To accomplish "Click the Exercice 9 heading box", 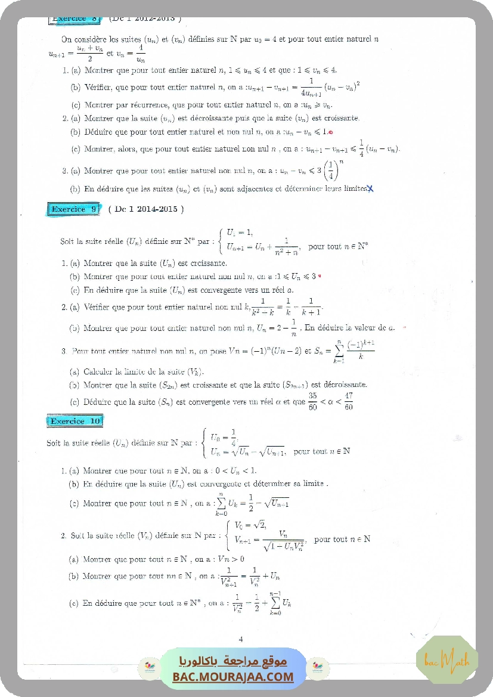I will pos(74,209).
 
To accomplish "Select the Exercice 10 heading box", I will pos(75,421).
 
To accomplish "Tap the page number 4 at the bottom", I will pos(241,639).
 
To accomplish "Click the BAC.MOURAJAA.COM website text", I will pos(233,677).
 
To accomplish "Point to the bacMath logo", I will pos(447,660).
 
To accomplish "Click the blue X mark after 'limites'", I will pos(370,189).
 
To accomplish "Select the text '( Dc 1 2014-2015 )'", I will pos(146,209).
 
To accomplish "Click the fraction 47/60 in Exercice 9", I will pos(349,401).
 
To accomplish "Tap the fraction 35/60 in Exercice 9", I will pos(312,401).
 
